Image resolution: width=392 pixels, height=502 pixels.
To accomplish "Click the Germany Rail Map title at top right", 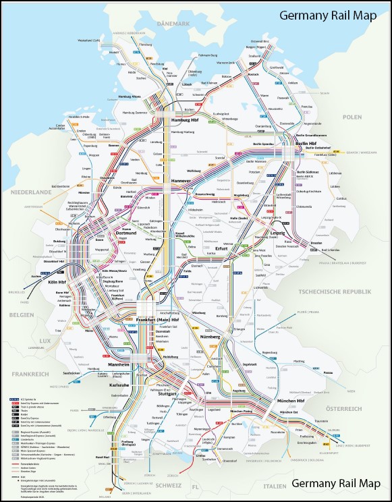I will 331,16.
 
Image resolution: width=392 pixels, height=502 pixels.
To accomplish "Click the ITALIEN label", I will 273,484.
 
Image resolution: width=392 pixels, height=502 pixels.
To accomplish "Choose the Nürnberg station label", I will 229,336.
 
